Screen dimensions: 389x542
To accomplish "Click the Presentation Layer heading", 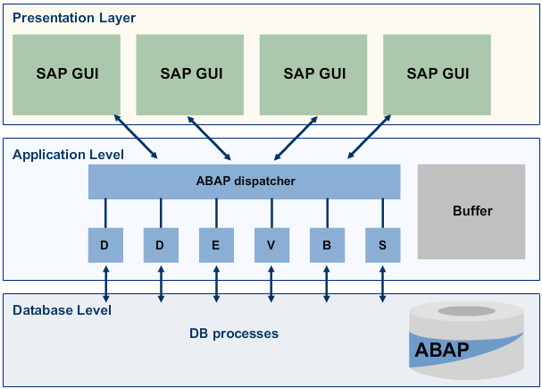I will click(74, 17).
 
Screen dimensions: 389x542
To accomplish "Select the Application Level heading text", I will click(68, 155).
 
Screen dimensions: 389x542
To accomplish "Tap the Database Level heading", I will click(62, 310).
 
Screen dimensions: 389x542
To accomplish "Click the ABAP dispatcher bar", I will click(245, 182).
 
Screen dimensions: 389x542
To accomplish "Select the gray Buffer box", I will click(472, 212).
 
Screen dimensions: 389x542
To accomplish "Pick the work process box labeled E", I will click(216, 245).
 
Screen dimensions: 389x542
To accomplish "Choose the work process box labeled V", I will click(271, 245).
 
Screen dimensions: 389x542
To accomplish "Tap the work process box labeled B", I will click(327, 245).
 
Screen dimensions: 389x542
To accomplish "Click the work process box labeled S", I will click(382, 245).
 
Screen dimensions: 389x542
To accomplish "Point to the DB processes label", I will click(234, 334).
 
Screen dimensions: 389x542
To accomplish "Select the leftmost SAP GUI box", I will click(67, 74).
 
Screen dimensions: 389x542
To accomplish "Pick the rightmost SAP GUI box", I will click(438, 74).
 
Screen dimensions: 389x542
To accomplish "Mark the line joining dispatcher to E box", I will click(216, 213).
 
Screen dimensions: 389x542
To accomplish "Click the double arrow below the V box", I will click(271, 282).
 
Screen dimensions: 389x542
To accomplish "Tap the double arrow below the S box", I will click(382, 282).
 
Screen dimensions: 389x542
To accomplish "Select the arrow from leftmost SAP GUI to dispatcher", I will click(136, 136).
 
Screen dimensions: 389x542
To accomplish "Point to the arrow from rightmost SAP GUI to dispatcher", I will click(363, 136).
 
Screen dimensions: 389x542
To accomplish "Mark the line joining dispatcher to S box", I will click(382, 213).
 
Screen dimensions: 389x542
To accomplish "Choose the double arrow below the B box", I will click(327, 282).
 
